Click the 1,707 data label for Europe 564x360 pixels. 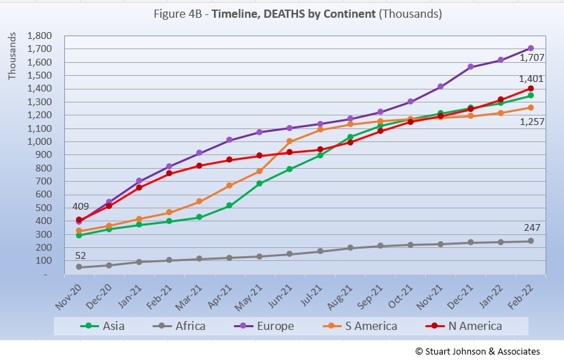[533, 58]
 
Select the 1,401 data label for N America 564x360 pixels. [533, 80]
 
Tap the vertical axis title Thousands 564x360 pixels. [13, 55]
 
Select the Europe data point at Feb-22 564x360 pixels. [530, 49]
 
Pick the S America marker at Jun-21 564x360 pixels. [290, 141]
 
